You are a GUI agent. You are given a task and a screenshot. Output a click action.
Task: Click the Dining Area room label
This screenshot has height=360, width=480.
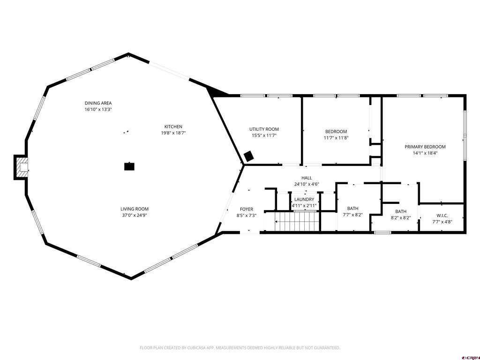tap(98, 103)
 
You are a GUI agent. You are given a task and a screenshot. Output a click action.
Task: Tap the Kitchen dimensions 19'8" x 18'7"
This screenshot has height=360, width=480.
tap(173, 133)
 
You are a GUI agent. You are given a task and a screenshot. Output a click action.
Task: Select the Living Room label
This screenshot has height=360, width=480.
tap(135, 209)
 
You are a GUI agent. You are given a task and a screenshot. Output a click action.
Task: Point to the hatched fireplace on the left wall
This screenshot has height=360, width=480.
tap(22, 167)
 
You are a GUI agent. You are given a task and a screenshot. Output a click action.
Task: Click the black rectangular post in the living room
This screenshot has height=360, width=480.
tap(129, 166)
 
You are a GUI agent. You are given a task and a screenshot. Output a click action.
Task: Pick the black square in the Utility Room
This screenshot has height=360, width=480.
tap(248, 157)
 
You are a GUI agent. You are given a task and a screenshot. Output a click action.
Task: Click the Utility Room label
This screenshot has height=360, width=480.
tap(264, 129)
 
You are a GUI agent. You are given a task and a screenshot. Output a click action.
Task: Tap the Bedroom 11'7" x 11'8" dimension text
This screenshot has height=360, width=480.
tap(336, 138)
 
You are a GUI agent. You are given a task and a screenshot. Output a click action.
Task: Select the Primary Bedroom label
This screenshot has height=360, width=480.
tap(425, 147)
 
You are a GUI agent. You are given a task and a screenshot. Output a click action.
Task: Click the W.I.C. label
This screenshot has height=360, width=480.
tap(442, 216)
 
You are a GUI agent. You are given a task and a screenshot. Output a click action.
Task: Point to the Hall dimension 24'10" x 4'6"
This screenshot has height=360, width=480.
tap(307, 184)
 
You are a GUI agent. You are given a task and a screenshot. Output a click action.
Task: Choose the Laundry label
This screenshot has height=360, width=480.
tap(304, 199)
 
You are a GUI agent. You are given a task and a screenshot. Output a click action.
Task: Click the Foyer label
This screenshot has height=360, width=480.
tap(247, 209)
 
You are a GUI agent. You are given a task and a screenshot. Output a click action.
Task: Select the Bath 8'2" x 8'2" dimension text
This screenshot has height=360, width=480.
tap(401, 217)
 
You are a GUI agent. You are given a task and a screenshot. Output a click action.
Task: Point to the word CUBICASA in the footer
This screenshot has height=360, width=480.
tap(198, 348)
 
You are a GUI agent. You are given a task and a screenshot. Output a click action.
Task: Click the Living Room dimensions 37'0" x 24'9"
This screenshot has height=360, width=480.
tap(135, 215)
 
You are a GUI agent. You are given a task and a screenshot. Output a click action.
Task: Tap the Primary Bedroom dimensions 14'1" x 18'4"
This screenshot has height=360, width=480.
tap(425, 153)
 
